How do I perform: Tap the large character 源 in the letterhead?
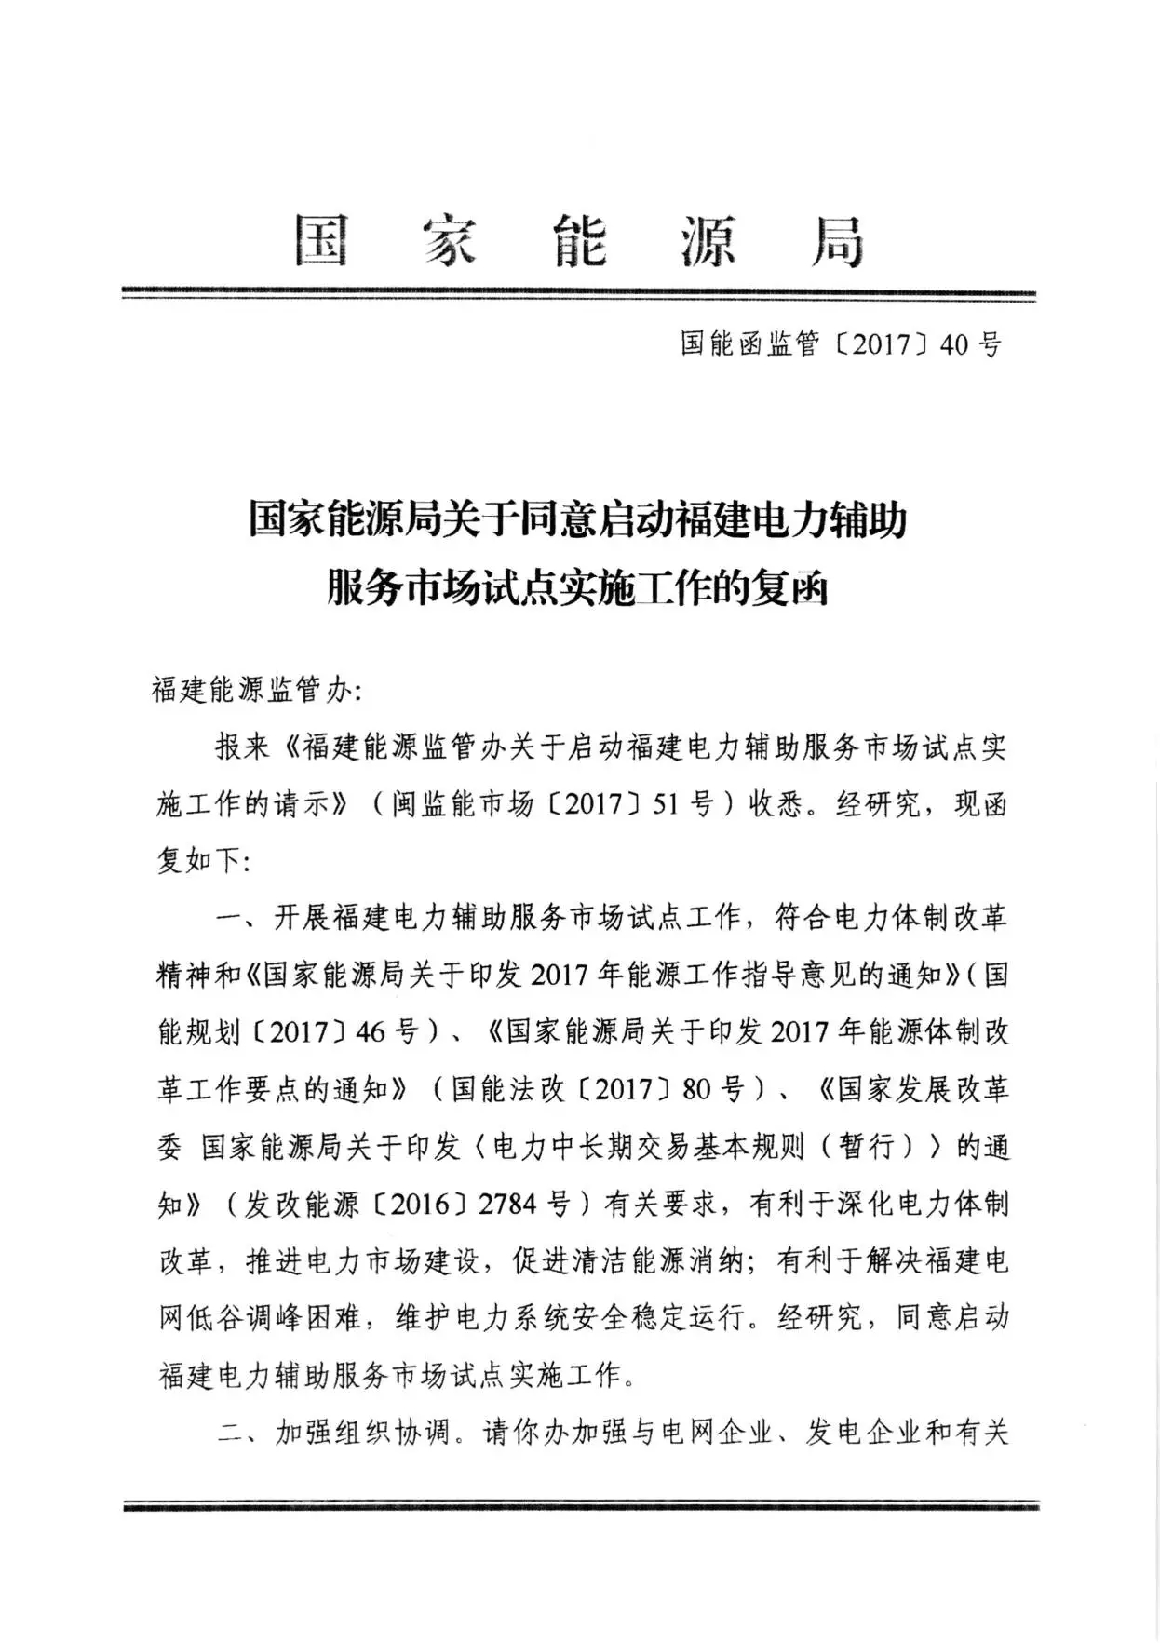pos(708,241)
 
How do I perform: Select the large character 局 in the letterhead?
pos(837,241)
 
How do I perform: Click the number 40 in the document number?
pos(955,345)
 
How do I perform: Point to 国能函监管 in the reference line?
pos(749,345)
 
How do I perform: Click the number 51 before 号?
pos(666,804)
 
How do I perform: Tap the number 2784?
pos(507,1205)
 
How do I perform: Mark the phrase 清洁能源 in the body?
pos(641,1262)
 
